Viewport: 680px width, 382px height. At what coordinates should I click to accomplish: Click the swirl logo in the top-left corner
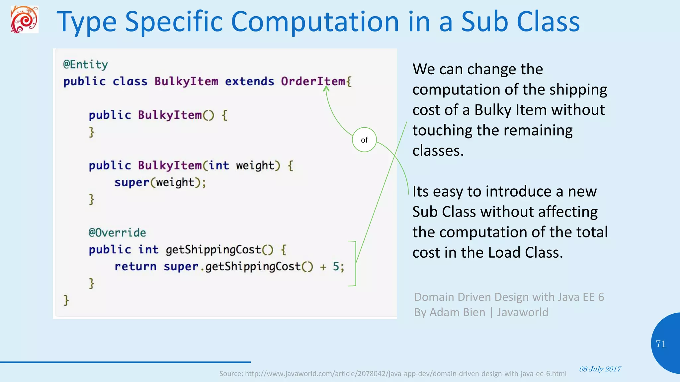24,20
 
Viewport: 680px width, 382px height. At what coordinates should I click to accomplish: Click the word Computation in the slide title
315,22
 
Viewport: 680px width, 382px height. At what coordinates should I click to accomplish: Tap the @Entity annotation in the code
85,64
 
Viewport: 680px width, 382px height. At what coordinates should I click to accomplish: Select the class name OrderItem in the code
313,81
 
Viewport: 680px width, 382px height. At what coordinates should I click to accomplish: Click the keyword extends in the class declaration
249,81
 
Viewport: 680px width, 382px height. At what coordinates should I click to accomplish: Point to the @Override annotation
117,232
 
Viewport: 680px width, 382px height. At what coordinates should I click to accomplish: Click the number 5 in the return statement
336,266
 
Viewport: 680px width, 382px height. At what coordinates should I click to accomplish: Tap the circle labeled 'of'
364,140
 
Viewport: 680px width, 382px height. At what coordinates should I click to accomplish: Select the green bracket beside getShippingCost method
355,263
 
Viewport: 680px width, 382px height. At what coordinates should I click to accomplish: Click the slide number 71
661,344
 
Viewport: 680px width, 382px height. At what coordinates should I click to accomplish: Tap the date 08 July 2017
600,369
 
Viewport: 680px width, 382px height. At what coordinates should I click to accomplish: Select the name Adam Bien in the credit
457,312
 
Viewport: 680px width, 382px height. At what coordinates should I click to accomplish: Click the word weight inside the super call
175,182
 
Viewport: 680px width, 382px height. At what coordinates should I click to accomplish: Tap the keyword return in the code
135,266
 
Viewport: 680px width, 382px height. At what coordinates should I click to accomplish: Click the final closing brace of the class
66,300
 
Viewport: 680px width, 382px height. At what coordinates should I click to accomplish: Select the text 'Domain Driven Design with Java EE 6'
509,297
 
